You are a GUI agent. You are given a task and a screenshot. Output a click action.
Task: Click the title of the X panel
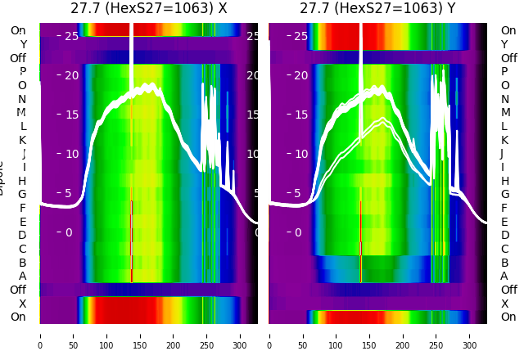(x=148, y=9)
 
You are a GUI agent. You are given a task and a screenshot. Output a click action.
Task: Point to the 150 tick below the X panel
(x=140, y=335)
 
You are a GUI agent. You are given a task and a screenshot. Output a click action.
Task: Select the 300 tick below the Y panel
(x=470, y=335)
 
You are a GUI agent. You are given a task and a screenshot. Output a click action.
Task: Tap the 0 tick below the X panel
(x=39, y=335)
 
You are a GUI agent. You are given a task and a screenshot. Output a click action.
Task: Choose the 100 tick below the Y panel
(x=337, y=335)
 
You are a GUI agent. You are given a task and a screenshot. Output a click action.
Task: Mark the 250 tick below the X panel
(x=207, y=335)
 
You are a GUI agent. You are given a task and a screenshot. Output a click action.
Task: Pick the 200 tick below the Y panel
(x=403, y=335)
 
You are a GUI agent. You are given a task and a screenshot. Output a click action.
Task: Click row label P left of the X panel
(x=22, y=72)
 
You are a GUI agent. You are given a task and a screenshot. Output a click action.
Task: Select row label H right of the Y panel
(x=505, y=181)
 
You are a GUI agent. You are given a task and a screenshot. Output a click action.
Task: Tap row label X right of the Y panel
(x=505, y=304)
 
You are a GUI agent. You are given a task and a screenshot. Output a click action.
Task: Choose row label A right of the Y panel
(x=505, y=276)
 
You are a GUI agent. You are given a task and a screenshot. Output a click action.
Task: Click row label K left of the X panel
(x=22, y=140)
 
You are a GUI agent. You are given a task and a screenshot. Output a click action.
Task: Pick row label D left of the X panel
(x=22, y=236)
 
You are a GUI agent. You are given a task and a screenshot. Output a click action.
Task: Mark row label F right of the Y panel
(x=505, y=208)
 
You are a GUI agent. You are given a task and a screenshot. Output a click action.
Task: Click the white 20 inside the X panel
(x=71, y=75)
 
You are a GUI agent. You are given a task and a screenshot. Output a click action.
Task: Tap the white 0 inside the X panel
(x=69, y=232)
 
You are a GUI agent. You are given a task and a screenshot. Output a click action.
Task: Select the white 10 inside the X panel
(x=71, y=154)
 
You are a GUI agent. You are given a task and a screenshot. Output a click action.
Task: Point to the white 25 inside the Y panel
(x=300, y=36)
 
